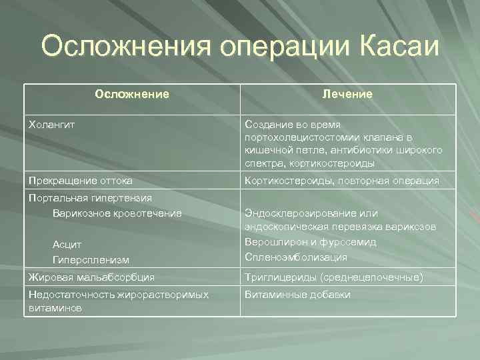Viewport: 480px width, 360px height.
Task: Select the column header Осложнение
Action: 132,95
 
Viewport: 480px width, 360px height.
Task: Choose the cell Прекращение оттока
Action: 80,181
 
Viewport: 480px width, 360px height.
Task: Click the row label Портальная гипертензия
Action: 90,198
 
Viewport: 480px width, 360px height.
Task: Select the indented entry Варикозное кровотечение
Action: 117,213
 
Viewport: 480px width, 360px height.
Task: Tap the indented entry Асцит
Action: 67,244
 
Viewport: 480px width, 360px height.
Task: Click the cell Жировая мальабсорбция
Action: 91,277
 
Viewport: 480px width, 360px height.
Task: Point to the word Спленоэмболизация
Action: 296,257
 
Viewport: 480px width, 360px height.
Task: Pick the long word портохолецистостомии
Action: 305,137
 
